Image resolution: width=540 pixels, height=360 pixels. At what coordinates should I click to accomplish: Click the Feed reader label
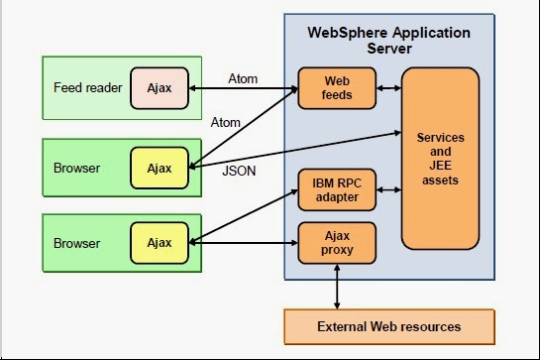point(88,88)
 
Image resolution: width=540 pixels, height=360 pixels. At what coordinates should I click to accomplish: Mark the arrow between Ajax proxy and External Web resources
point(338,289)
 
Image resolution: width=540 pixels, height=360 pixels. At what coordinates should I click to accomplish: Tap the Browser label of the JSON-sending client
point(77,168)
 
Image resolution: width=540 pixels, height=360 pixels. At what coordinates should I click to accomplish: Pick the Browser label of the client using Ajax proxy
point(77,242)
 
